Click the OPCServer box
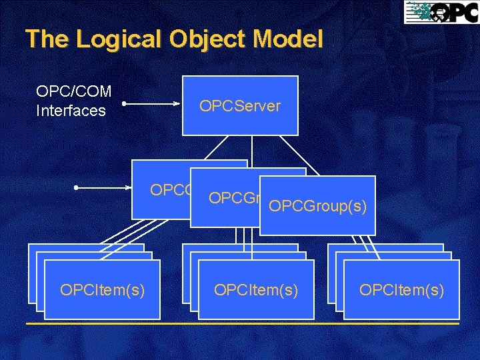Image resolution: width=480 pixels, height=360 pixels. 240,106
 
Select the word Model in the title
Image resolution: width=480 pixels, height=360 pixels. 289,39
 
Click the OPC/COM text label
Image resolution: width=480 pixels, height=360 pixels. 73,91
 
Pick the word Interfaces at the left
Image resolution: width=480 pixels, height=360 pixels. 71,111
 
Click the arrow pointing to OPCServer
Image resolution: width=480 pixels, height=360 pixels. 153,104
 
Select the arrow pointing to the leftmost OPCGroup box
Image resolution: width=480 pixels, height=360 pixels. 103,189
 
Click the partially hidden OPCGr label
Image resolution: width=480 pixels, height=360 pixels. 233,198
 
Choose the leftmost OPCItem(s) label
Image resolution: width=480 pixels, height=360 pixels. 102,290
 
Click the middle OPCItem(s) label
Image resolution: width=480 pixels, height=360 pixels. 256,290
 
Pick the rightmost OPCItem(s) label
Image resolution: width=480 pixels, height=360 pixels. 401,290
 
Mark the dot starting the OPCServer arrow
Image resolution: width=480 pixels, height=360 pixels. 124,104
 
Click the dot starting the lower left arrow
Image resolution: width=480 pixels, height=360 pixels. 77,189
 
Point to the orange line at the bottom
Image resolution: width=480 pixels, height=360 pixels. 240,324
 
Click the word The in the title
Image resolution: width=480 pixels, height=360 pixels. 47,39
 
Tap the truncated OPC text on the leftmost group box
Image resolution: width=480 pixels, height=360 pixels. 170,190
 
